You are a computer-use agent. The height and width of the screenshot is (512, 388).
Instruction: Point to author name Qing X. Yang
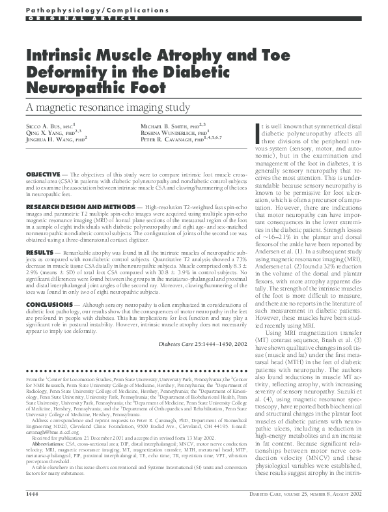44,132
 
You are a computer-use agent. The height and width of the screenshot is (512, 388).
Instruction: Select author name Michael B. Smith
163,124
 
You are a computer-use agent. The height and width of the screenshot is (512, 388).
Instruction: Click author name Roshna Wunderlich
168,132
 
